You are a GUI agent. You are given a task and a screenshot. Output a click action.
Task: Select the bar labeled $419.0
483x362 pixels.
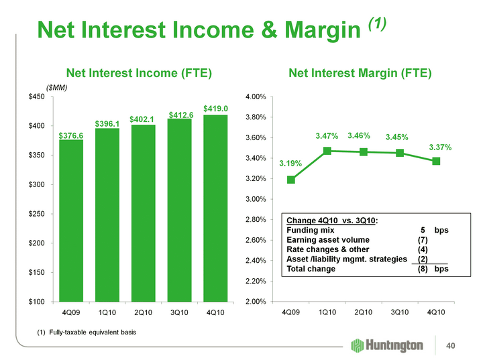tap(216, 208)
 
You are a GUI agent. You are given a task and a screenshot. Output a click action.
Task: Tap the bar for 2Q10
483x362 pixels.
tap(144, 213)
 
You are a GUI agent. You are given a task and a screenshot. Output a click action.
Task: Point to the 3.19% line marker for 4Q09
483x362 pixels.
tap(290, 180)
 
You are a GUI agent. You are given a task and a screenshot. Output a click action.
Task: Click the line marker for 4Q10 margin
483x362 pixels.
tap(436, 161)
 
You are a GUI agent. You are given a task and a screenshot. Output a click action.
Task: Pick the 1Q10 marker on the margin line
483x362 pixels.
tap(327, 151)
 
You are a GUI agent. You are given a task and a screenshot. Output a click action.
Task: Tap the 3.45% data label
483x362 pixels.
tap(399, 137)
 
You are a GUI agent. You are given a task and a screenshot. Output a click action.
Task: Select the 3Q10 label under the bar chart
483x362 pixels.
tap(179, 312)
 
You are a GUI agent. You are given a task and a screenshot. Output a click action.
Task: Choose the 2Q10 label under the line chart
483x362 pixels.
tap(363, 312)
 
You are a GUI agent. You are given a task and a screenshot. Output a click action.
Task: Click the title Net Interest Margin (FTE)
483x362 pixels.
tap(360, 72)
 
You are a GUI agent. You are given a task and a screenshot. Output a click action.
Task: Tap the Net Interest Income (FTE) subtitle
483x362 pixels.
tap(138, 72)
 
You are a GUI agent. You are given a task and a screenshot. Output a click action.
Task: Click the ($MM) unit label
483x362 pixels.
tap(57, 87)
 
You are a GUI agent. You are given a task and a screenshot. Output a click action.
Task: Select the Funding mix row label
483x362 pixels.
tap(311, 230)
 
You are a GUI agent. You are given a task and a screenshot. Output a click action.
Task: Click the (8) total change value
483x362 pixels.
tap(423, 269)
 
